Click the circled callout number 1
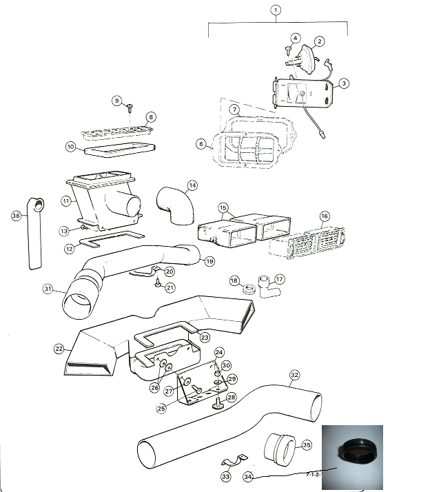pos(276,10)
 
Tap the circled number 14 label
pos(192,185)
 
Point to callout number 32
pos(295,375)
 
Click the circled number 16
pos(325,216)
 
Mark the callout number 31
pos(48,288)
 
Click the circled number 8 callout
pos(151,117)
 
